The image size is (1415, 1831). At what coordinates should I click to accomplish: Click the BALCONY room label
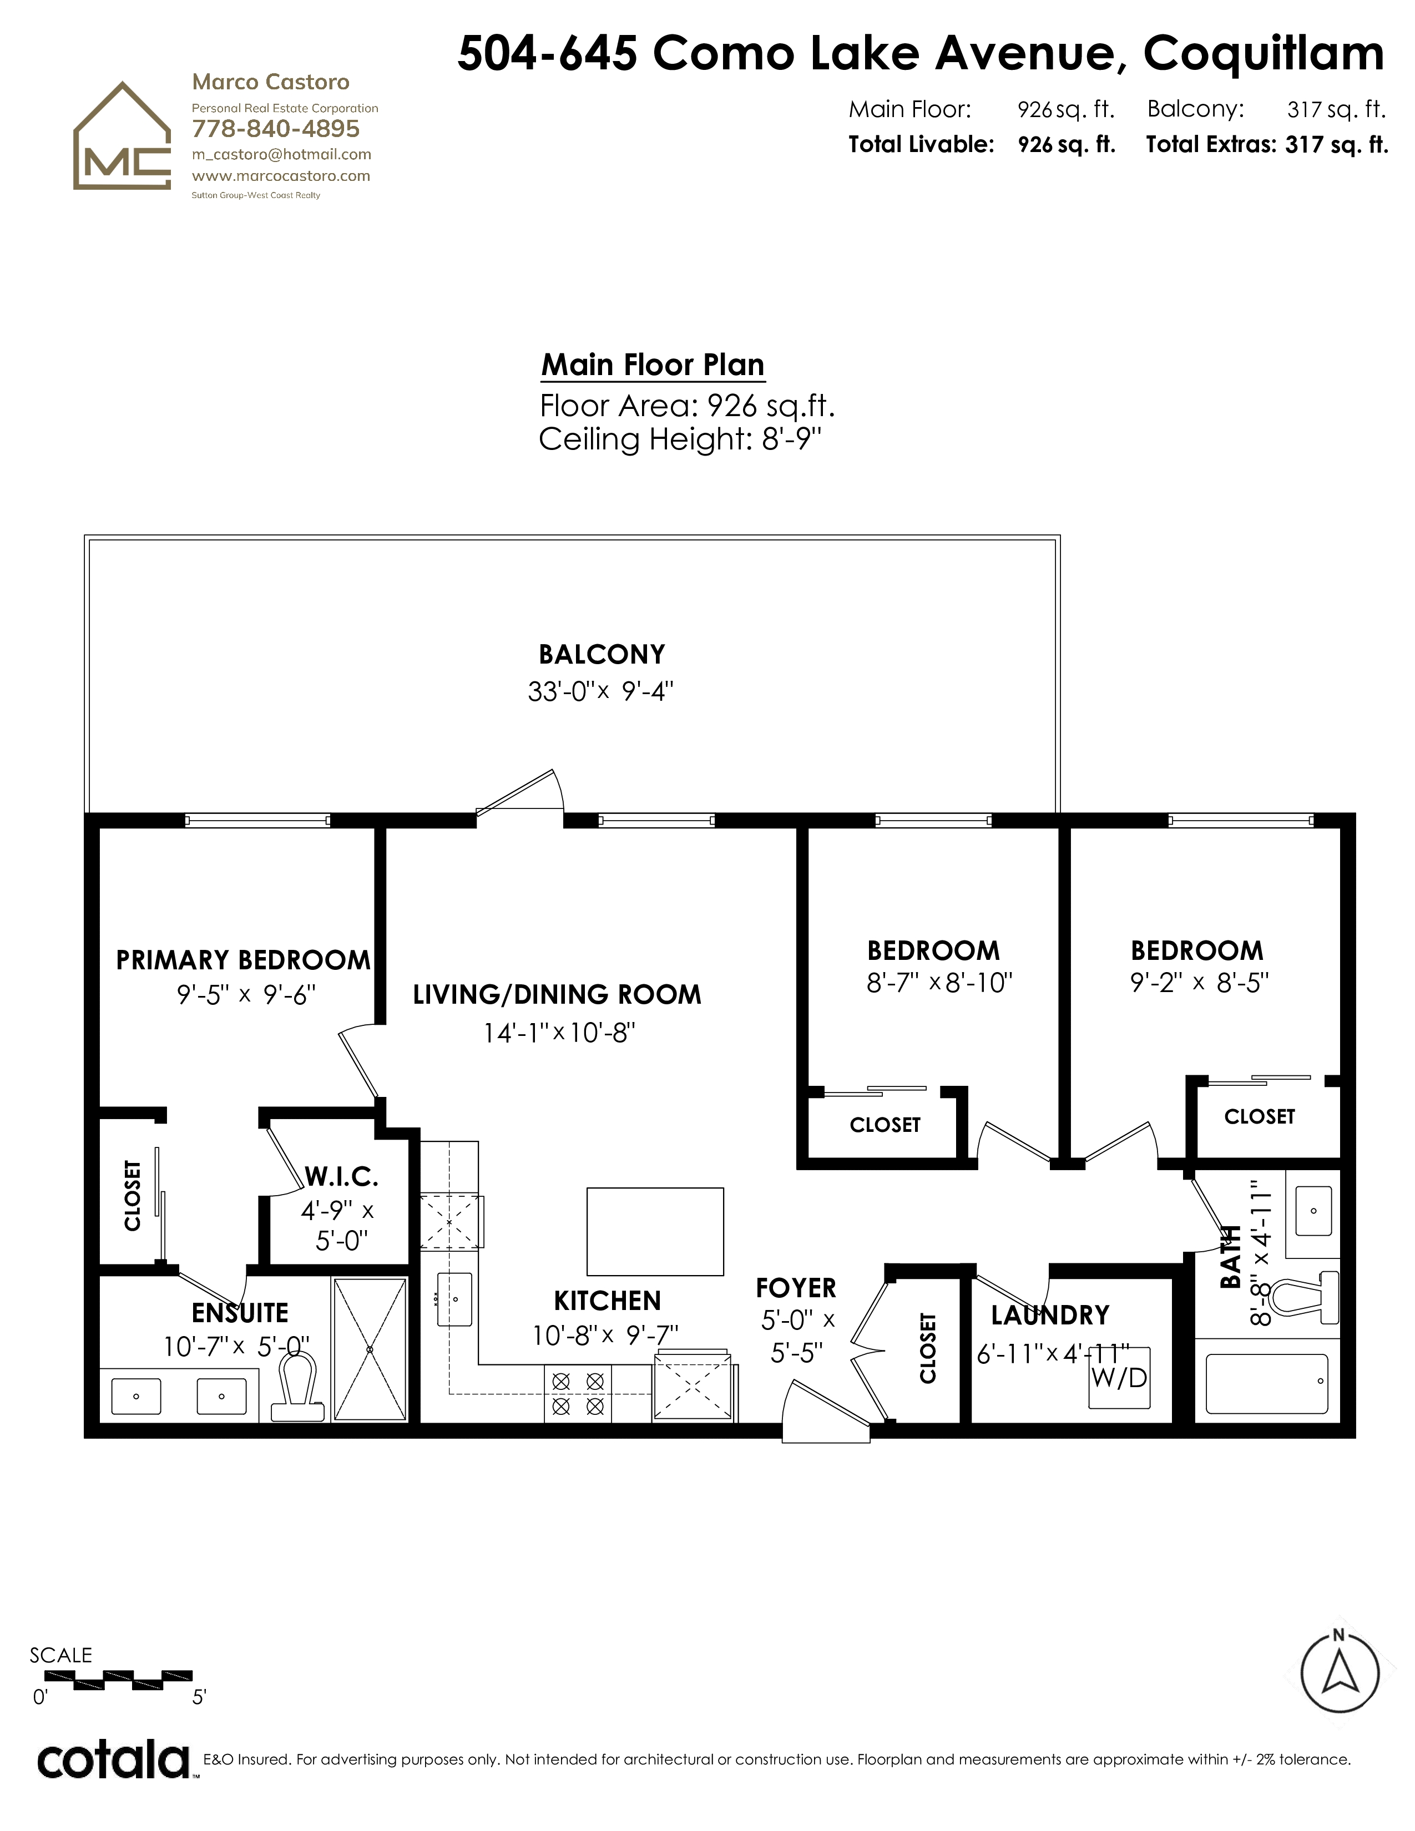pos(602,654)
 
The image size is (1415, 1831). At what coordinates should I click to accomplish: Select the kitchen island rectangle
pos(655,1232)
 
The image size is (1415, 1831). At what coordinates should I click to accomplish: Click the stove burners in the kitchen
pos(578,1393)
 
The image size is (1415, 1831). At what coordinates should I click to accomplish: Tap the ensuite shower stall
pos(370,1349)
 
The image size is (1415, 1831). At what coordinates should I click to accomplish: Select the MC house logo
pos(123,136)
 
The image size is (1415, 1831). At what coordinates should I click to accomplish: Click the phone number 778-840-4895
pos(276,129)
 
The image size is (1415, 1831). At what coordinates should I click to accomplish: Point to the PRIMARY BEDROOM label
pos(243,960)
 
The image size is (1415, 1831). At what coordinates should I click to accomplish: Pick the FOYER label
pos(796,1288)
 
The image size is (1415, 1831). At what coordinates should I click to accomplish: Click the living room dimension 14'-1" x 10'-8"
pos(559,1033)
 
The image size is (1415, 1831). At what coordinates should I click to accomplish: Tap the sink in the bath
pos(1313,1211)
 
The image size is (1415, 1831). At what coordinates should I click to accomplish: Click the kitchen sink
pos(453,1299)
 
